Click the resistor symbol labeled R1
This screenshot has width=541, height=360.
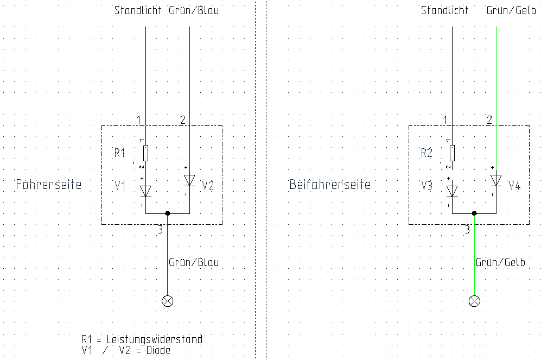click(x=145, y=153)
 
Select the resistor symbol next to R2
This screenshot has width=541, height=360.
click(x=452, y=153)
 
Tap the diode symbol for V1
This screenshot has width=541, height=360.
click(x=145, y=191)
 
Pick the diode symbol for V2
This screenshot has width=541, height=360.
click(x=189, y=180)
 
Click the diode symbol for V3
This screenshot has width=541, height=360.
click(x=452, y=191)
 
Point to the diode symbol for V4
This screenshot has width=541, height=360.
click(x=495, y=180)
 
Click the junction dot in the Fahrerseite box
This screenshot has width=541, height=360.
click(x=168, y=213)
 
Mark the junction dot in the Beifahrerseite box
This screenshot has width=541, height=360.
click(x=474, y=213)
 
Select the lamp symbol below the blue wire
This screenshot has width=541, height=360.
click(x=168, y=301)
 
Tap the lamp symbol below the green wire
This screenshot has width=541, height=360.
click(x=474, y=301)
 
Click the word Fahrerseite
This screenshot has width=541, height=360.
click(x=49, y=185)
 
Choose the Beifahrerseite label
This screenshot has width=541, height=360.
click(x=330, y=185)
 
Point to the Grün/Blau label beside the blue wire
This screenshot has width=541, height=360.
click(x=194, y=262)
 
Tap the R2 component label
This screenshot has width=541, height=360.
click(x=427, y=153)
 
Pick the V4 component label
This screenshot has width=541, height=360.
click(x=514, y=186)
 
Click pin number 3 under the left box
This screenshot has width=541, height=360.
click(x=160, y=230)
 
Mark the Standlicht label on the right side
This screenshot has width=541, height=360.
click(x=444, y=10)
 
